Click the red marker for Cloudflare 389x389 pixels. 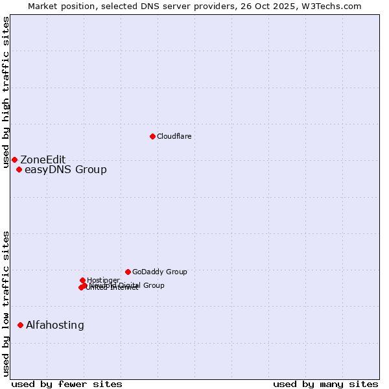click(x=152, y=136)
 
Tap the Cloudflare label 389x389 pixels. click(x=174, y=136)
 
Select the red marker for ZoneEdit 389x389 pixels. click(x=14, y=159)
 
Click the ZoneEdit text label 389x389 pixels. click(x=43, y=159)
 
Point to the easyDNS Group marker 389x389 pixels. click(x=19, y=170)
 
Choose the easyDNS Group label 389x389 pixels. click(x=65, y=170)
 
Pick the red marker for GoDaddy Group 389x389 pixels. click(x=128, y=272)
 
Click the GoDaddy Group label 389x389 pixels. click(x=159, y=272)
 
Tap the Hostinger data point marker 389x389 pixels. click(x=82, y=280)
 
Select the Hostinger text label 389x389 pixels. click(x=103, y=280)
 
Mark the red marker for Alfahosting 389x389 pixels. click(x=20, y=325)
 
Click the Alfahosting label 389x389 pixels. click(x=55, y=325)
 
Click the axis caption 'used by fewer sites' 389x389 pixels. click(x=67, y=384)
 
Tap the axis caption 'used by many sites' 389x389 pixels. click(x=325, y=384)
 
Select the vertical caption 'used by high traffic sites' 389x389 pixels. click(x=6, y=92)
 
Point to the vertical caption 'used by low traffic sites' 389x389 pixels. click(x=6, y=303)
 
